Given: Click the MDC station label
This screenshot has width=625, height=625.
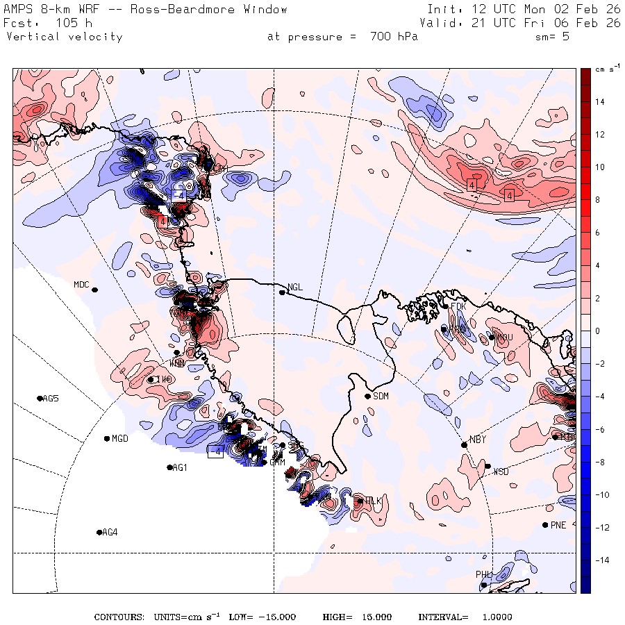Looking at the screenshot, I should pyautogui.click(x=82, y=285).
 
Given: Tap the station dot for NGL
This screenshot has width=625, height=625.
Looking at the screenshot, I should pyautogui.click(x=283, y=292).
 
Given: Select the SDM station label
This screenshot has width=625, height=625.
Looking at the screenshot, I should pyautogui.click(x=381, y=397).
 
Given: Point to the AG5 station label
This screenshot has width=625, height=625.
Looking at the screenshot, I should pyautogui.click(x=51, y=399).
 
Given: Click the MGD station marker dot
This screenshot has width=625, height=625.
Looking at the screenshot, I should pyautogui.click(x=107, y=438).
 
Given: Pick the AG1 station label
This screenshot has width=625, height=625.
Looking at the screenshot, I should pyautogui.click(x=181, y=468).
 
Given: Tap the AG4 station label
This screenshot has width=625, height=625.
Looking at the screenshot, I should pyautogui.click(x=110, y=533).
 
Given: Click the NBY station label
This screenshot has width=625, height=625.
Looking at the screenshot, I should pyautogui.click(x=477, y=440).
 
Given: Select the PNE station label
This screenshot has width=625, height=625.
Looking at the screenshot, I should pyautogui.click(x=558, y=525).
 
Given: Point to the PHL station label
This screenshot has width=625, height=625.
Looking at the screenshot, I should pyautogui.click(x=483, y=575).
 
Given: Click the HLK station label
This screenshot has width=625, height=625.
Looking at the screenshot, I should pyautogui.click(x=374, y=501).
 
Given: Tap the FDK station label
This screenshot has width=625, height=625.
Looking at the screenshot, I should pyautogui.click(x=458, y=306).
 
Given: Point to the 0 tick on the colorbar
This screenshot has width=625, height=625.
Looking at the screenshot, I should pyautogui.click(x=598, y=331).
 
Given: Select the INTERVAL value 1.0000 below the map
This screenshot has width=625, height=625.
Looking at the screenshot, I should pyautogui.click(x=494, y=617).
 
